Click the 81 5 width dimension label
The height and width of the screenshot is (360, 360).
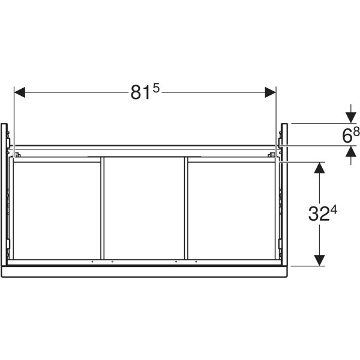point(145,92)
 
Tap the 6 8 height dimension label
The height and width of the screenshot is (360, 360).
point(350,135)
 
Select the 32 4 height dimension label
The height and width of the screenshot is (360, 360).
point(322,214)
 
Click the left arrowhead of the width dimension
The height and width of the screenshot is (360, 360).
point(20,92)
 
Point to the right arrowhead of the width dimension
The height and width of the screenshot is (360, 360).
point(270,92)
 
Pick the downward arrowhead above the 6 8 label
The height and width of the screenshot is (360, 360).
point(351,118)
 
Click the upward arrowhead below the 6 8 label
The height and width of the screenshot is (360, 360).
point(351,152)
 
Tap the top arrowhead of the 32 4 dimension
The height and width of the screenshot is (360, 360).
point(319,167)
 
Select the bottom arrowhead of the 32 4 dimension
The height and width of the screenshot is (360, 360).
point(319,260)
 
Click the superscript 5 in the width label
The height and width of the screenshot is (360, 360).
point(156,88)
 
